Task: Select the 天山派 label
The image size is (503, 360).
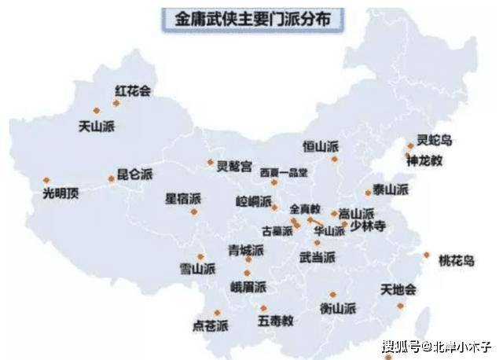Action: pos(97,125)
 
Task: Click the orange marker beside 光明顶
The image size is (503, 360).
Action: pos(46,180)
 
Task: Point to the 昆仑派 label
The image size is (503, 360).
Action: pos(134,175)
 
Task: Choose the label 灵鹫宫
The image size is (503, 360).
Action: pos(235,166)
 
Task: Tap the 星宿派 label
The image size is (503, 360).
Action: pos(182,198)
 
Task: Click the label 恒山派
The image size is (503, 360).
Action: pos(320,146)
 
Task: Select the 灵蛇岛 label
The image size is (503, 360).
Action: pos(435,141)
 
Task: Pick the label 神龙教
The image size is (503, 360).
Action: pos(424,160)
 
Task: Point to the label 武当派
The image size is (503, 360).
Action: pos(318,257)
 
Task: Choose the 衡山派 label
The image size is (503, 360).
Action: pos(338,308)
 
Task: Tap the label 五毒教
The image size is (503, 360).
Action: pos(275,321)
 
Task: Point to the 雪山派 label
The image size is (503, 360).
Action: pos(196,269)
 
